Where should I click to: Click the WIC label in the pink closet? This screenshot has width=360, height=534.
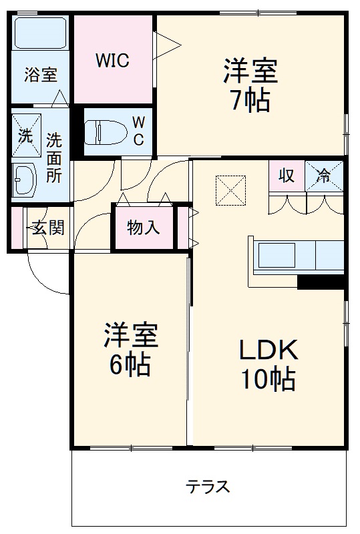click(112, 60)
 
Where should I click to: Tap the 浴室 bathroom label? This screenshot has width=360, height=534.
click(41, 74)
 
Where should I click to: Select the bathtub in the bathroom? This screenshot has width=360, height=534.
click(41, 34)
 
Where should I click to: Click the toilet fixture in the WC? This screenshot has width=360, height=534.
click(106, 131)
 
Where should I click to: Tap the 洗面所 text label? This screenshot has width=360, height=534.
click(53, 158)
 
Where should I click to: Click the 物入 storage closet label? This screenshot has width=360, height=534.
click(143, 228)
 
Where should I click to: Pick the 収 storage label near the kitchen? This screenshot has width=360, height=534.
click(287, 176)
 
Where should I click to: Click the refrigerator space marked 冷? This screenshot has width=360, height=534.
click(325, 176)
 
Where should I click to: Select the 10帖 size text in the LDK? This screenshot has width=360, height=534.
click(268, 379)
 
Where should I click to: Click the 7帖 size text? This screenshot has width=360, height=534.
click(250, 101)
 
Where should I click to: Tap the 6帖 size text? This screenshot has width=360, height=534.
click(130, 364)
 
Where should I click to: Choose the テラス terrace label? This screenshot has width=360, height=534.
click(208, 486)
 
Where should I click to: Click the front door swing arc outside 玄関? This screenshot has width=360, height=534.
click(43, 277)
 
